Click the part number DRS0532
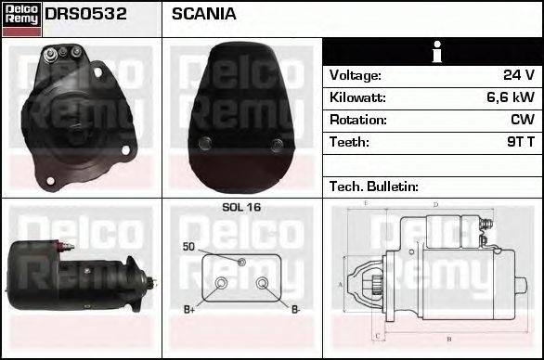86,15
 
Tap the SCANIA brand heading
203,15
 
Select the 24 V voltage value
517,75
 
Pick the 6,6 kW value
511,97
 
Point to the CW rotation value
521,120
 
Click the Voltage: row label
356,75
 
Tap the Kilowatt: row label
357,97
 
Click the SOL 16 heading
241,208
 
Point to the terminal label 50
188,247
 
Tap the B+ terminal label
189,309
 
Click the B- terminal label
295,309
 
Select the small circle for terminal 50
241,263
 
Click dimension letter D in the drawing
435,205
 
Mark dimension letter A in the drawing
340,284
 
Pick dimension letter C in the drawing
375,336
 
